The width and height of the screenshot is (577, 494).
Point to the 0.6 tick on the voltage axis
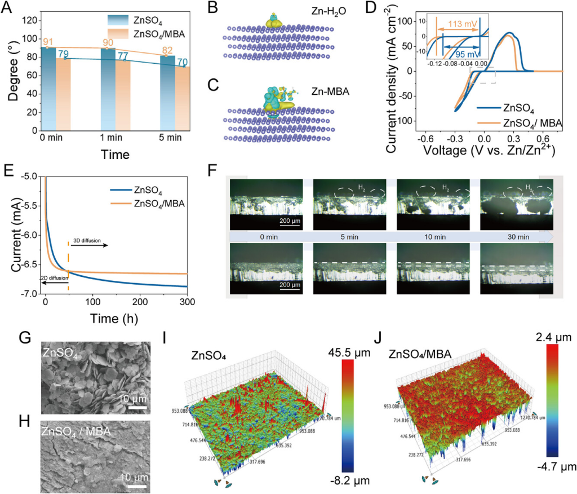542,138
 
